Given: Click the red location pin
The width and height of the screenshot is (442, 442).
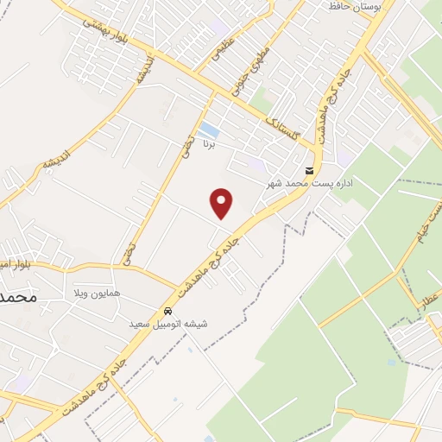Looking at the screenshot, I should coord(222,203).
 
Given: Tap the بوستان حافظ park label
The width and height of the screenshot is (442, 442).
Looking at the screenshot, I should coord(355,7).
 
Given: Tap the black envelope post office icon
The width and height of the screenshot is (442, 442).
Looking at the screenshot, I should coord(309,170).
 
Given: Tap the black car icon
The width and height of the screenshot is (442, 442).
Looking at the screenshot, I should coord(167,311).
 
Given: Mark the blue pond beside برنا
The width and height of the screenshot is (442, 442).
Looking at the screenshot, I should coord(208,131).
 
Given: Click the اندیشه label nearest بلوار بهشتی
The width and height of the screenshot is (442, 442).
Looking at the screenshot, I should coord(143,71).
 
